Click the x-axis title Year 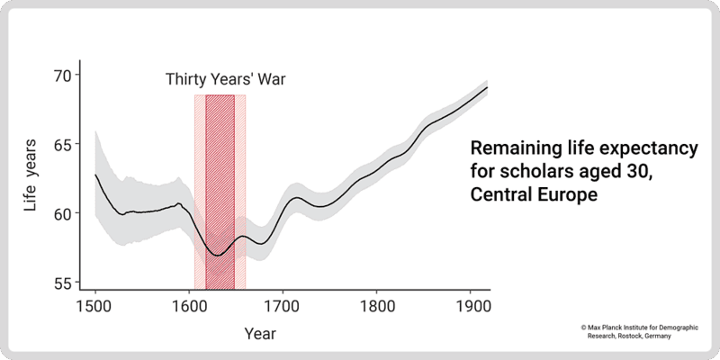coord(260,334)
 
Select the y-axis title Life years coord(31,180)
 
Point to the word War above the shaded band coord(269,79)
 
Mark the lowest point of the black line coord(217,255)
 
